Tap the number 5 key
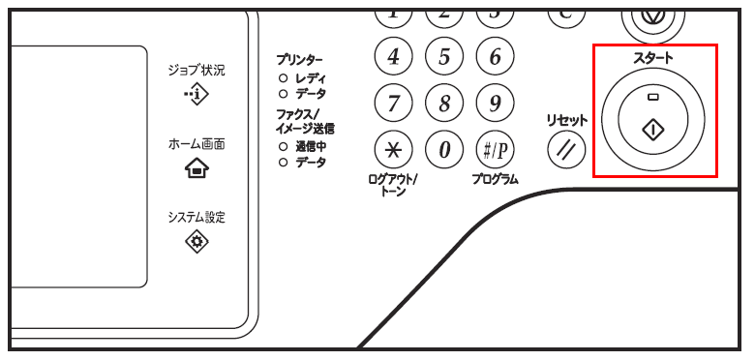point(444,58)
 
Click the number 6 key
point(495,58)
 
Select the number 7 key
point(393,103)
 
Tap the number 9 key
point(495,103)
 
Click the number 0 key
point(444,149)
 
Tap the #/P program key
point(495,149)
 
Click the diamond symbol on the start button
point(653,129)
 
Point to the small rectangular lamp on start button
point(653,98)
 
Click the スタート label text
point(653,59)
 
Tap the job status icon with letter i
point(196,94)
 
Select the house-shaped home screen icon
point(196,168)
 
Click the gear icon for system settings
point(196,242)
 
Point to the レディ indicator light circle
point(283,77)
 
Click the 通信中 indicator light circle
point(283,147)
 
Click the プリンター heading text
point(299,60)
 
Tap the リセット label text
point(566,120)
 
